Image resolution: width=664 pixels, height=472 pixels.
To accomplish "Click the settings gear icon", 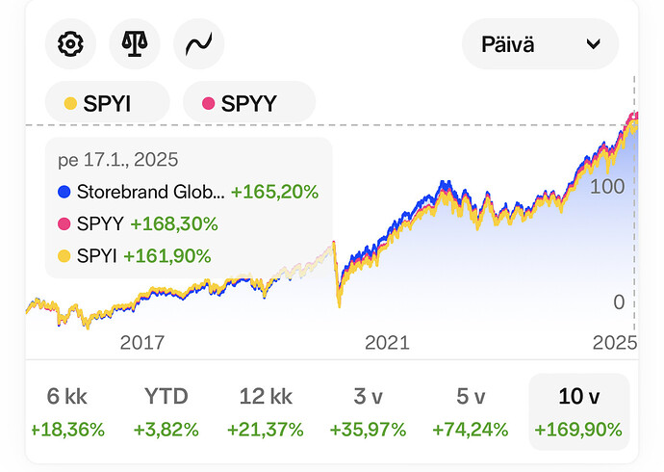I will pyautogui.click(x=70, y=43).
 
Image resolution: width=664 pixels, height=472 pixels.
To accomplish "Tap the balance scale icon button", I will pyautogui.click(x=135, y=43).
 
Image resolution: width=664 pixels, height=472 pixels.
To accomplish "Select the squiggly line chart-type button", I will pyautogui.click(x=198, y=43).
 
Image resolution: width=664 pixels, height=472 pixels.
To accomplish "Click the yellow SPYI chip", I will pyautogui.click(x=107, y=103).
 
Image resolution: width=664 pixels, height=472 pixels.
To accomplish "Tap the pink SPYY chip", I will pyautogui.click(x=248, y=103).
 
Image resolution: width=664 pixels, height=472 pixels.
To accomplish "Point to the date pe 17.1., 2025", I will pyautogui.click(x=118, y=160).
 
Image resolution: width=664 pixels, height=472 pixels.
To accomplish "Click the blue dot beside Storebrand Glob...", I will pyautogui.click(x=64, y=192).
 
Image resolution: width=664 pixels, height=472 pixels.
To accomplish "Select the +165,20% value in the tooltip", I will pyautogui.click(x=273, y=192).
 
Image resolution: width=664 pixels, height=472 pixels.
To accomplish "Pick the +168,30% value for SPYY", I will pyautogui.click(x=174, y=223).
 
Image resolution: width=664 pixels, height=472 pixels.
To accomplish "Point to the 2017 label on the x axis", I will pyautogui.click(x=141, y=342).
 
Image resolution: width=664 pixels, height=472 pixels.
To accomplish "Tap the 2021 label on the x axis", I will pyautogui.click(x=386, y=342).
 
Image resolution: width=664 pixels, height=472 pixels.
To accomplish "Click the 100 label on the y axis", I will pyautogui.click(x=607, y=186).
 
